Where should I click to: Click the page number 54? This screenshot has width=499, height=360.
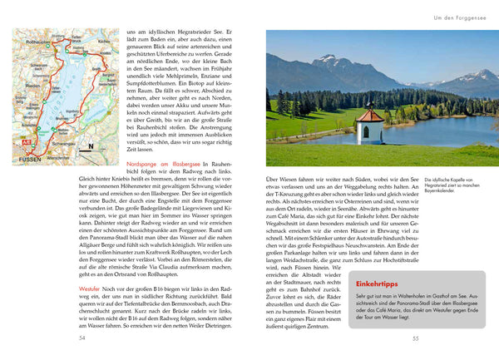(82, 338)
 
